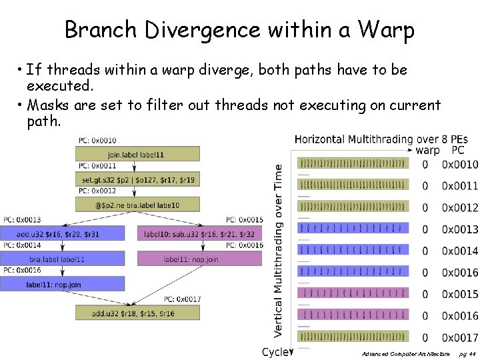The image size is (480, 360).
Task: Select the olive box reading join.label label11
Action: pos(138,154)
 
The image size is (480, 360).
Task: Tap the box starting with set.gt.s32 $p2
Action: pos(138,179)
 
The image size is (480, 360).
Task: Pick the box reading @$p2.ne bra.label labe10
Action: pos(138,205)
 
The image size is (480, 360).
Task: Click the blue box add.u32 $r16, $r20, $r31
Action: pos(62,233)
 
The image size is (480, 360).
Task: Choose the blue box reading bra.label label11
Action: pos(62,258)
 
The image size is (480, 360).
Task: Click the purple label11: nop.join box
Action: pos(201,258)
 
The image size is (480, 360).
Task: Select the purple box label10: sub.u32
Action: pos(201,233)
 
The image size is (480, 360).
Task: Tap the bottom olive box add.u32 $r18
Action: pos(138,312)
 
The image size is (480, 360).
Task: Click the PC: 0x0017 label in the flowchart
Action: pos(181,299)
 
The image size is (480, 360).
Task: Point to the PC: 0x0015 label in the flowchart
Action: pos(244,220)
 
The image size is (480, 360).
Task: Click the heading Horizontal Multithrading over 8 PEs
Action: pos(381,140)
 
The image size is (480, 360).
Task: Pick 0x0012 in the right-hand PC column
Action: pos(459,208)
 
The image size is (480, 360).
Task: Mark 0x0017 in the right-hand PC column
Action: pos(459,337)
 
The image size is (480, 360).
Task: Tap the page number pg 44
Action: pos(468,353)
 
